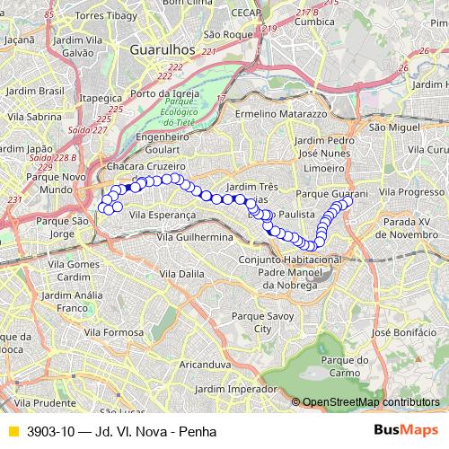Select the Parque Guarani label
[331, 193]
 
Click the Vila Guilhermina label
[194, 236]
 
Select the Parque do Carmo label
[344, 365]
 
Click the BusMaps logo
[406, 430]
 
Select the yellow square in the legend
[13, 431]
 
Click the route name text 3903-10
[50, 431]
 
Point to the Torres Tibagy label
[106, 16]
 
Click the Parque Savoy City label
[261, 322]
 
